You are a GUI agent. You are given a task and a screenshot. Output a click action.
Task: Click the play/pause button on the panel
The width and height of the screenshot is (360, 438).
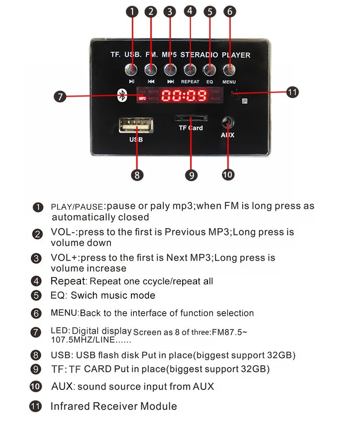[131, 70]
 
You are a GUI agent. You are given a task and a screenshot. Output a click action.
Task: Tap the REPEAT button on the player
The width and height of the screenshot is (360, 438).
[190, 70]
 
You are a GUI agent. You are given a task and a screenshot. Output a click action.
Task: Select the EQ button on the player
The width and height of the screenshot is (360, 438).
[209, 70]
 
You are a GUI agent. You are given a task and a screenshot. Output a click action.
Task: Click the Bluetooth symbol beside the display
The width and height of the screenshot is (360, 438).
[122, 95]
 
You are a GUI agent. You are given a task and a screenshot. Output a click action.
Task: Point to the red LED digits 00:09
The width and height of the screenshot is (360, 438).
[184, 95]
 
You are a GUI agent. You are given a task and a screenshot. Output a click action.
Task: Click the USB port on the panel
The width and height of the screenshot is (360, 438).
[136, 125]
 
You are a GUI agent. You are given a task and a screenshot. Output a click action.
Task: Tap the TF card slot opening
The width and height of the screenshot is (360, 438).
[191, 117]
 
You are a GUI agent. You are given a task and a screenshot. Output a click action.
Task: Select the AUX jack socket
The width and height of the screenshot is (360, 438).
[228, 122]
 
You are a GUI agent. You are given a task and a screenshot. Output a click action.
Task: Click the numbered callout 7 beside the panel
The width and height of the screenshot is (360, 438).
[60, 97]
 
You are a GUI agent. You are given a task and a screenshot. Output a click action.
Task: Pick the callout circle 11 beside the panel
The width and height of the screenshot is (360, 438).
[293, 92]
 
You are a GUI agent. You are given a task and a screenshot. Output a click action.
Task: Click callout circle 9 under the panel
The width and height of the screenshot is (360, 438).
[191, 175]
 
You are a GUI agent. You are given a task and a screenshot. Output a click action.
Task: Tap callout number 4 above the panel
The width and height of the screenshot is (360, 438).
[190, 11]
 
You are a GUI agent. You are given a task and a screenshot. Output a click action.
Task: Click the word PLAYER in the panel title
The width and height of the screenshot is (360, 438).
[236, 55]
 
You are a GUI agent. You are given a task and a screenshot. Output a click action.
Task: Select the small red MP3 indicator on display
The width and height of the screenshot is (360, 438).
[142, 98]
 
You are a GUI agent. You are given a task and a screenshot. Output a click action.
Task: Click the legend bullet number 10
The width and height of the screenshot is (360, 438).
[36, 387]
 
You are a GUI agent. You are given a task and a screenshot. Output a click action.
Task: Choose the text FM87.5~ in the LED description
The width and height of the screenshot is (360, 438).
[229, 332]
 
